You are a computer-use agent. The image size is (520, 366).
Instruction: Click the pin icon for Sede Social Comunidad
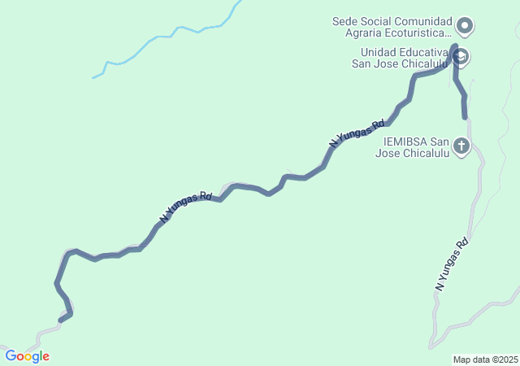(465, 26)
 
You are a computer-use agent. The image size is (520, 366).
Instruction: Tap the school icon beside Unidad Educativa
(461, 56)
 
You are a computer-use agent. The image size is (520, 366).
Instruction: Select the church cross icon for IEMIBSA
(461, 146)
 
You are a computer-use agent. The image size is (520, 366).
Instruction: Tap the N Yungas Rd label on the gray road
(453, 264)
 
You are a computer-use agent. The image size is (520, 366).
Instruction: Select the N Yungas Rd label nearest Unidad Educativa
(357, 133)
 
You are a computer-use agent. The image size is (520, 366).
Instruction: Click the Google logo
(27, 356)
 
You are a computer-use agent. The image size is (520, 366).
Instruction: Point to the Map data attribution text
(485, 359)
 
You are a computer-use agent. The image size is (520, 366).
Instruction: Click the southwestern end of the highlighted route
(62, 319)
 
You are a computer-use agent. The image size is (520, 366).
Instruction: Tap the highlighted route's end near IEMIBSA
(465, 117)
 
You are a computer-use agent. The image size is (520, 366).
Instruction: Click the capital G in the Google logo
(11, 356)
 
